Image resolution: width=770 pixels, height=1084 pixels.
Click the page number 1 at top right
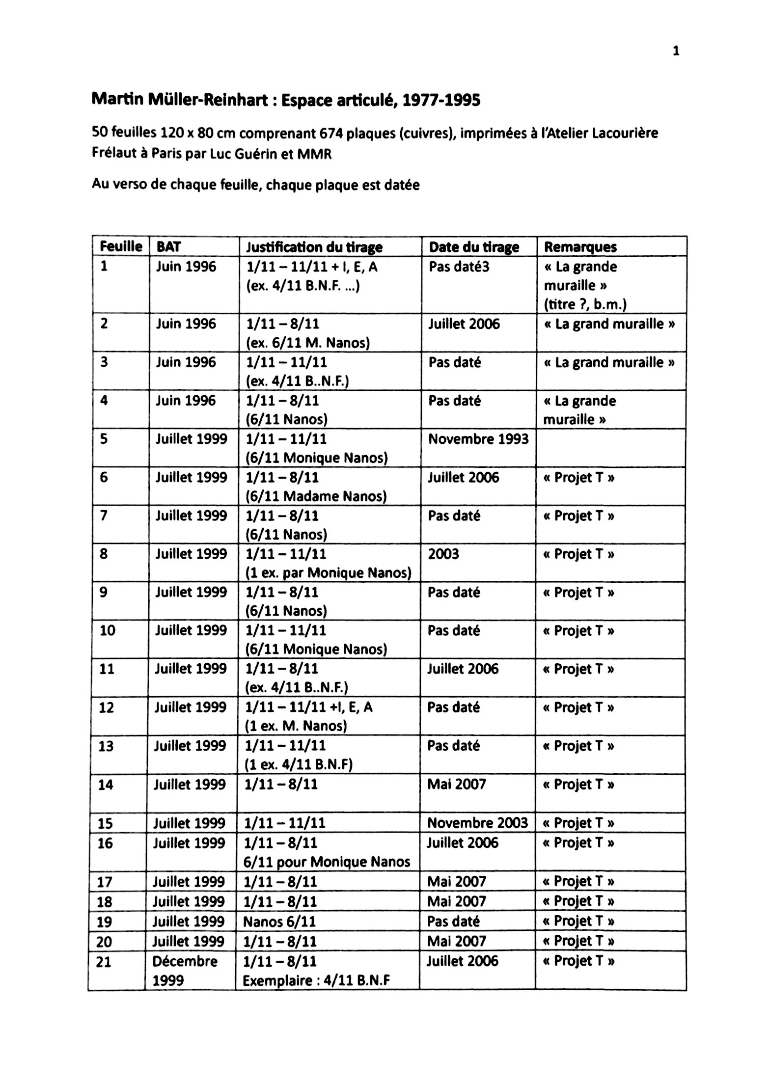coord(676,51)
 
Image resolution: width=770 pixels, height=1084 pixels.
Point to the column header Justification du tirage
coord(314,247)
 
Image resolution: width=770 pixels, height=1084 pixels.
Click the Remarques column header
coord(580,247)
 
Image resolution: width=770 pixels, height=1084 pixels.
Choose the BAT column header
coord(168,247)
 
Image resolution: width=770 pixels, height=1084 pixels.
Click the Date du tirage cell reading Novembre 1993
coord(478,439)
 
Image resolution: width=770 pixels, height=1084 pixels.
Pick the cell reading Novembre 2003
coord(477,823)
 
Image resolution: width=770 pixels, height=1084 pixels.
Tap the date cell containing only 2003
coord(443,554)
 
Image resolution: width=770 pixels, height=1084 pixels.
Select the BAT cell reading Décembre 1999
coord(185,971)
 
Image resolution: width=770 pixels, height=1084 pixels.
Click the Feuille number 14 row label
coord(106,785)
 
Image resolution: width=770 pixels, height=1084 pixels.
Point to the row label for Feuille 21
coord(104,962)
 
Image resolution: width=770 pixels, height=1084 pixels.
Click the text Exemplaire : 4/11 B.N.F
coord(317,981)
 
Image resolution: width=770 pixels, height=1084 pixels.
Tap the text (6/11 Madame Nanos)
coord(316,497)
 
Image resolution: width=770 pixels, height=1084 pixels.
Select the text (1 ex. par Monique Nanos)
coord(328,573)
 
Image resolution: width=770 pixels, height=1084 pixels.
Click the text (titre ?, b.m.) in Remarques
coord(585,305)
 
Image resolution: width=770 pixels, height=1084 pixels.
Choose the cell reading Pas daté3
coord(459,267)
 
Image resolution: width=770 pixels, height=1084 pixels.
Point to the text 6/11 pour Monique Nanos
coord(327,862)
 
